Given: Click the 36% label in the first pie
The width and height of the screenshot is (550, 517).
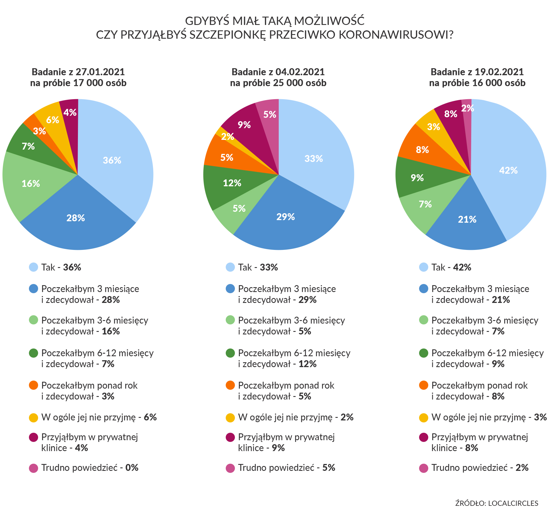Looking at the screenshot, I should click(112, 160).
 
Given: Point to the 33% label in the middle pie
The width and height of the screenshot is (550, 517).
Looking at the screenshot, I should click(314, 158).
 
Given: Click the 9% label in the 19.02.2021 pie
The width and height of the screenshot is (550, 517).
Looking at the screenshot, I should click(417, 178).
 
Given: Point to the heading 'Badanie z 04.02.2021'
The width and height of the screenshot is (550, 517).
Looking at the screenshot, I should click(278, 72).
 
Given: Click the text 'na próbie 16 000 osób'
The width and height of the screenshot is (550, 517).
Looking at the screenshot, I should click(477, 83).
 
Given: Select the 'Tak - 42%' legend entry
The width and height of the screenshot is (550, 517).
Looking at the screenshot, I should click(451, 267).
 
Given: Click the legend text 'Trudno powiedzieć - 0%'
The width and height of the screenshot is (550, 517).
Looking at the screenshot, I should click(90, 468).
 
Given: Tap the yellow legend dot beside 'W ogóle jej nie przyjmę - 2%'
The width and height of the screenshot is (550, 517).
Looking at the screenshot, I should click(230, 418).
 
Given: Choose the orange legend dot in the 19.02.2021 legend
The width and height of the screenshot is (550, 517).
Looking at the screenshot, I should click(423, 385).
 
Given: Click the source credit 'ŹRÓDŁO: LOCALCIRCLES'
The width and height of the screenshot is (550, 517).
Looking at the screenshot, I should click(497, 503).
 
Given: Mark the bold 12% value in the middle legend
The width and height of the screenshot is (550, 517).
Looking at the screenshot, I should click(308, 364).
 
